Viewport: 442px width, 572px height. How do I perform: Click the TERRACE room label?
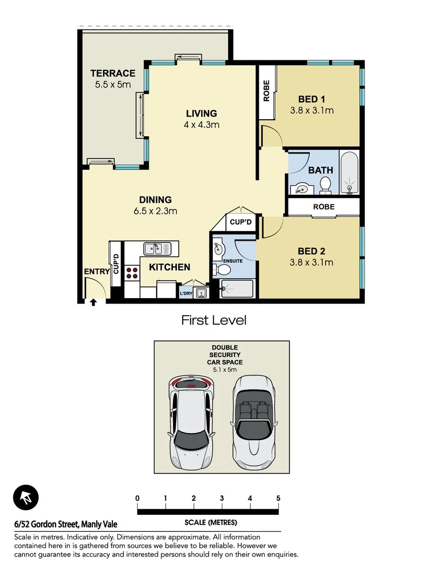pyautogui.click(x=112, y=73)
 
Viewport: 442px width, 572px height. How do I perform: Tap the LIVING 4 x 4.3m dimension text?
pyautogui.click(x=201, y=125)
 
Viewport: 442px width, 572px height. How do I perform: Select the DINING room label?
pyautogui.click(x=155, y=200)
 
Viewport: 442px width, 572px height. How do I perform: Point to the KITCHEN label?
pyautogui.click(x=169, y=267)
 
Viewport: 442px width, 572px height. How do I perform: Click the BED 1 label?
pyautogui.click(x=311, y=99)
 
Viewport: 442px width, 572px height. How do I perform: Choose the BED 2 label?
pyautogui.click(x=311, y=251)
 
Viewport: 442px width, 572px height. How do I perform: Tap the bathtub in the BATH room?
pyautogui.click(x=349, y=173)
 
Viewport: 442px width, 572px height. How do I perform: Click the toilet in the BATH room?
pyautogui.click(x=326, y=185)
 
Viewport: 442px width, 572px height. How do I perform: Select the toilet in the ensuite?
pyautogui.click(x=225, y=270)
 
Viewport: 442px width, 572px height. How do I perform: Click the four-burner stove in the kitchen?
pyautogui.click(x=132, y=273)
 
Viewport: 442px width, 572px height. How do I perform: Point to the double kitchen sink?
pyautogui.click(x=157, y=248)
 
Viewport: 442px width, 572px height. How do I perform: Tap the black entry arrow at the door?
pyautogui.click(x=93, y=302)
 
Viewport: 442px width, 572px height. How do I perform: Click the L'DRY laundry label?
pyautogui.click(x=186, y=293)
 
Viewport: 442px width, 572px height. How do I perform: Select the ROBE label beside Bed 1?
pyautogui.click(x=266, y=91)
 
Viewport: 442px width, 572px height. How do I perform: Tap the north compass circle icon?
pyautogui.click(x=26, y=497)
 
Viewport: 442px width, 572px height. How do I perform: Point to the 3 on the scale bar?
pyautogui.click(x=222, y=498)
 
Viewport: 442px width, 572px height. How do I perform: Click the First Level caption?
pyautogui.click(x=214, y=320)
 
